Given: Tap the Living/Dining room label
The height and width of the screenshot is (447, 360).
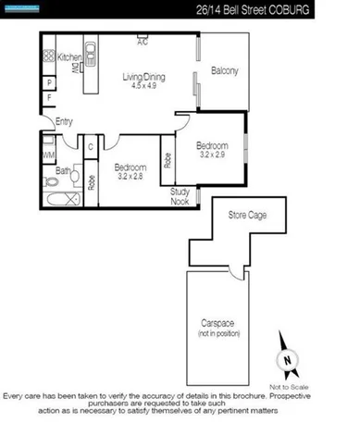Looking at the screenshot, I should (143, 79).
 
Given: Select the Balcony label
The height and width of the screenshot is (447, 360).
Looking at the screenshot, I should (225, 71).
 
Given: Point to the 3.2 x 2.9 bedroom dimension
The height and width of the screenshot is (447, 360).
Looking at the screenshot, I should (211, 155).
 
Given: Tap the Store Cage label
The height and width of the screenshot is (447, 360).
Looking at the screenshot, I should (247, 216).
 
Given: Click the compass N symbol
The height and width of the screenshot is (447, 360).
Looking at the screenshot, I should (289, 361).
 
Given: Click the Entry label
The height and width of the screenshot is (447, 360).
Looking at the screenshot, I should (64, 121).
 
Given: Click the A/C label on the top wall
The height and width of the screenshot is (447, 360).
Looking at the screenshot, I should (143, 43).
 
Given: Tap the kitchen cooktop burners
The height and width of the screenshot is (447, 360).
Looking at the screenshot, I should (48, 57).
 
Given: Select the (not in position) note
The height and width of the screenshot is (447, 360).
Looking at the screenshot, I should (220, 332).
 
